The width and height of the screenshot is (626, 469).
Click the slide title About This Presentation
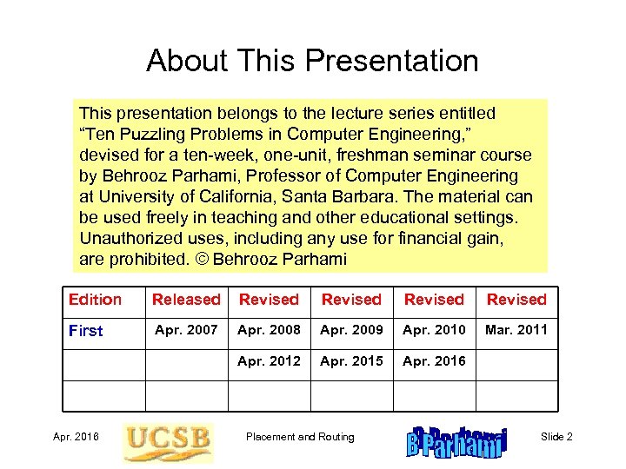point(312,61)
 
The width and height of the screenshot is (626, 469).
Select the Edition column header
point(95,300)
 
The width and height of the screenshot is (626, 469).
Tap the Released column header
point(186,300)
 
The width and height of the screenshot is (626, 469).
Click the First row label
point(85,331)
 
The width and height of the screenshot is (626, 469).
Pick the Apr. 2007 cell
point(186,330)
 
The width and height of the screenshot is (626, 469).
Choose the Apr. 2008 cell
point(269,330)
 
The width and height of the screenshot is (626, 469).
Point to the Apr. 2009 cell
point(351,330)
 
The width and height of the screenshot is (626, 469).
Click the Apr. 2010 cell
point(434,330)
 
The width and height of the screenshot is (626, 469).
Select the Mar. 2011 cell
point(516,330)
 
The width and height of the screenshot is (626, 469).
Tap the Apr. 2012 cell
point(269,360)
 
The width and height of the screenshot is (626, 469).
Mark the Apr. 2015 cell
point(351,360)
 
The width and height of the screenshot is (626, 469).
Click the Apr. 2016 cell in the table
point(434,360)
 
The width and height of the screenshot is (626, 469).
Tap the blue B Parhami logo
point(456,441)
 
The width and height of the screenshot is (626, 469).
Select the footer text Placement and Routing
point(300,437)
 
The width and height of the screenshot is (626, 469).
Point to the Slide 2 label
point(556,437)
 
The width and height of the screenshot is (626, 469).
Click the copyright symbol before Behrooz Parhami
point(202,259)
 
